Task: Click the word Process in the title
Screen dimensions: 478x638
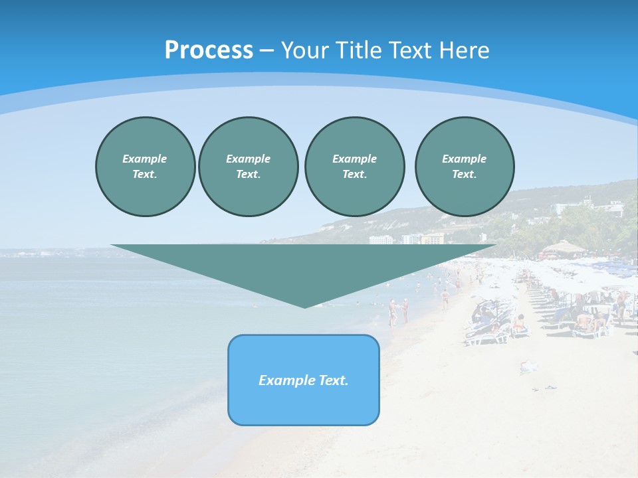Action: pyautogui.click(x=209, y=50)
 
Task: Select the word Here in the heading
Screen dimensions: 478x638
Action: pyautogui.click(x=465, y=50)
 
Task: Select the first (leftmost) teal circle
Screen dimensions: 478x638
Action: pyautogui.click(x=145, y=166)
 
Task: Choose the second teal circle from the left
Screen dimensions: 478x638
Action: pyautogui.click(x=248, y=166)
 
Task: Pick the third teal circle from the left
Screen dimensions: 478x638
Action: pyautogui.click(x=354, y=166)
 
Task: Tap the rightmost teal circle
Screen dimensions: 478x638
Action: pyautogui.click(x=464, y=166)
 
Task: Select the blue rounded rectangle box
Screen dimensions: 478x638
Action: pyautogui.click(x=304, y=380)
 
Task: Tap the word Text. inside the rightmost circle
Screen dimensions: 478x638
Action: pyautogui.click(x=464, y=174)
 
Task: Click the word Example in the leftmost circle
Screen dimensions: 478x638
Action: pyautogui.click(x=145, y=159)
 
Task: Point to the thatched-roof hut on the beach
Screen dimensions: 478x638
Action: pyautogui.click(x=563, y=249)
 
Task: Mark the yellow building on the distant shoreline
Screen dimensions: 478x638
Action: pyautogui.click(x=433, y=238)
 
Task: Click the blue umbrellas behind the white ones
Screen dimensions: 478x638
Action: pyautogui.click(x=608, y=266)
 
